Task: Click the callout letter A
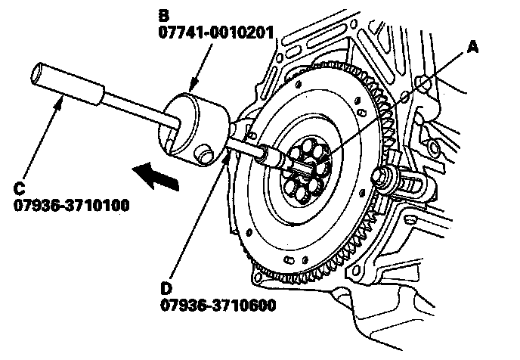[473, 48]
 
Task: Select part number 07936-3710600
[216, 305]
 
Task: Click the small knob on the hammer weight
[202, 156]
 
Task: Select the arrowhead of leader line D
[227, 155]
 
